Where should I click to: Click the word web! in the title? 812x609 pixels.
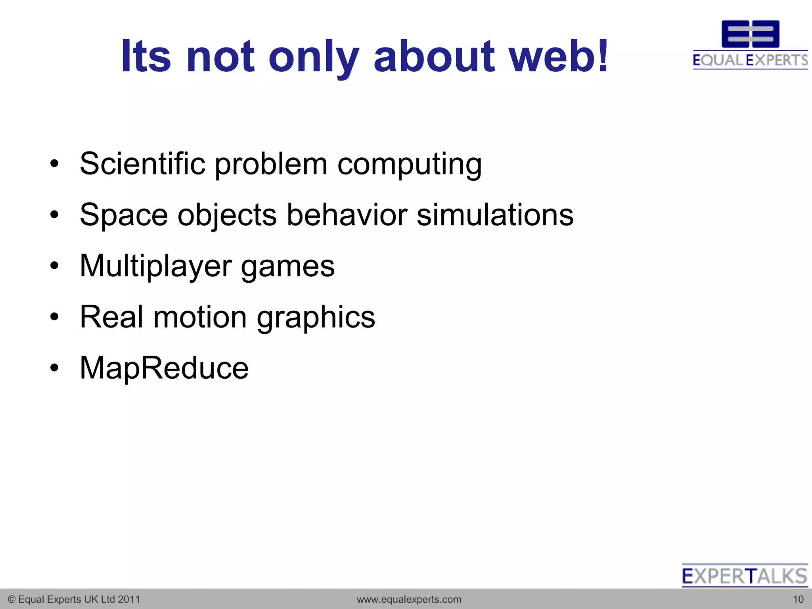(558, 56)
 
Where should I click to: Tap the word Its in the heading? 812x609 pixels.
(146, 56)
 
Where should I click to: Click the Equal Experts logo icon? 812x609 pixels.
(750, 34)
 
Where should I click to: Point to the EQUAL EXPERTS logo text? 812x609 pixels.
(750, 60)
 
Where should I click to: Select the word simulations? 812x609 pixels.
(495, 214)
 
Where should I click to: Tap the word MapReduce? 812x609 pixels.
(164, 368)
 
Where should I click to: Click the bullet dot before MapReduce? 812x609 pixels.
(54, 368)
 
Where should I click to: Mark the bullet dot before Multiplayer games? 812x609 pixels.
(54, 265)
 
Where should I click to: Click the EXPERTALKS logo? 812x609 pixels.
(745, 576)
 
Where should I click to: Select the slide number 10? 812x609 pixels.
(798, 599)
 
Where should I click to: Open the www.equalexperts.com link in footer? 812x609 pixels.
(409, 599)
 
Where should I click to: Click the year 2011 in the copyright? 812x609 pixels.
(129, 599)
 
